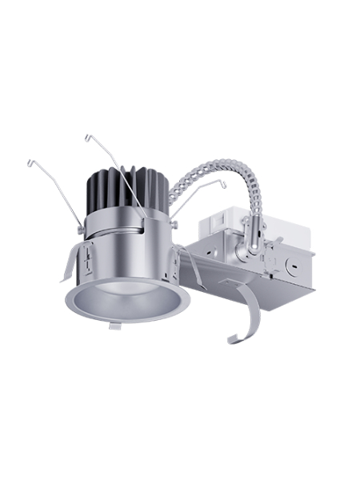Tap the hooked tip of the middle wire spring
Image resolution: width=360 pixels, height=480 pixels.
(x=86, y=137)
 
